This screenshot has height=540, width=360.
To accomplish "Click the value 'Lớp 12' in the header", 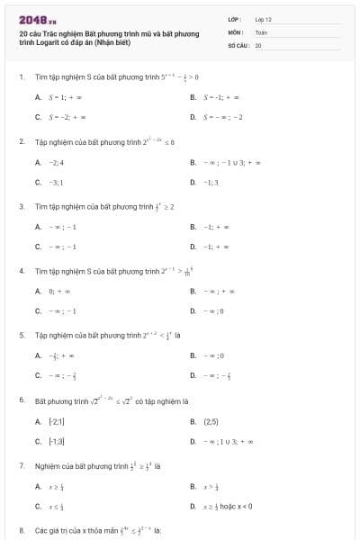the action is click(264, 18).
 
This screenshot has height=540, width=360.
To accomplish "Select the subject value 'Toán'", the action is click(261, 31).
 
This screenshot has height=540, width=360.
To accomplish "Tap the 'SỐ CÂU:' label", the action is click(238, 44).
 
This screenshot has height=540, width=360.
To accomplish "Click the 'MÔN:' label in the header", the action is click(236, 31).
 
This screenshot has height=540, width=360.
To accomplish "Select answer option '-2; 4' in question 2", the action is click(55, 162).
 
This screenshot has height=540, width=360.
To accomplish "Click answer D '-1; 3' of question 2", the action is click(211, 182).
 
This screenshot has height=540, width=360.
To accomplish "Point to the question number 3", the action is click(21, 206).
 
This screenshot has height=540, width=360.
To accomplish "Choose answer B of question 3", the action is click(212, 227).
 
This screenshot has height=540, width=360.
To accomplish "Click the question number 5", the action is click(21, 335).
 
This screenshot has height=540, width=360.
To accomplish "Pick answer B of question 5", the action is click(212, 355).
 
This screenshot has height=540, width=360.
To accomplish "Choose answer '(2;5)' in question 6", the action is click(211, 421).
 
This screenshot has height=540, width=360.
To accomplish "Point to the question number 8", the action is click(21, 530).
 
